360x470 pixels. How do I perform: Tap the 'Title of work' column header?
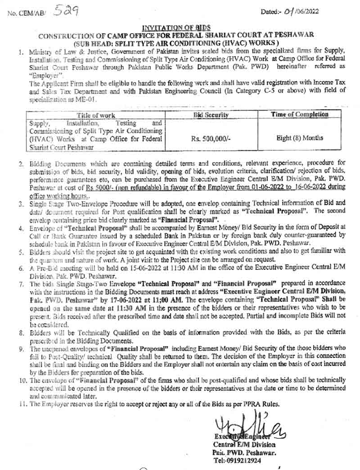tap(95, 115)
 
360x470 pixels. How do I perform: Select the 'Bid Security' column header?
tap(211, 115)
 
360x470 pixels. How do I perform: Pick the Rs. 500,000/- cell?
tap(211, 139)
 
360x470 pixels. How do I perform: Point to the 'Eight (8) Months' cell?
tap(299, 138)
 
